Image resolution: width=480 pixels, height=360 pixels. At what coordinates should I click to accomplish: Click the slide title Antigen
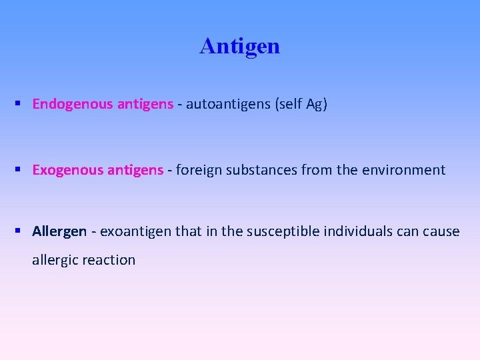239,46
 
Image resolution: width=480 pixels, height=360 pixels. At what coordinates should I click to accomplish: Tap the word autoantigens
228,104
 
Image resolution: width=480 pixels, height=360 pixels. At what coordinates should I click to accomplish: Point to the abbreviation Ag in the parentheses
314,104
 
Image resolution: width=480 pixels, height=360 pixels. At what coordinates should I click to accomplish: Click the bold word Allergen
59,231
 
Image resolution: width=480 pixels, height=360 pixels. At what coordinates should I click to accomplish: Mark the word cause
441,231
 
